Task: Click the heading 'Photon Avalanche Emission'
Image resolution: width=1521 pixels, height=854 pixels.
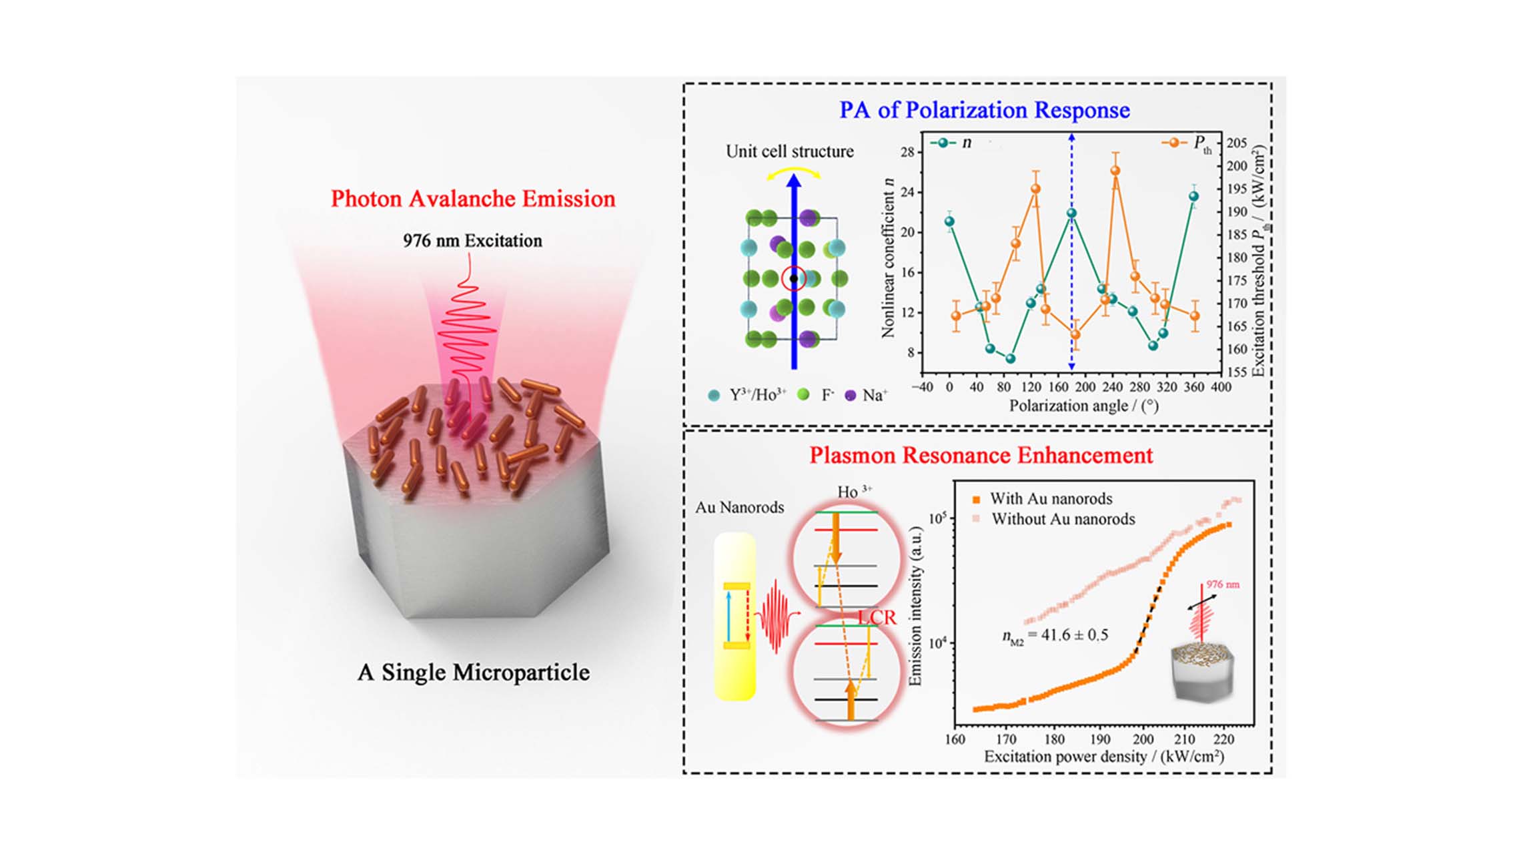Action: (x=473, y=199)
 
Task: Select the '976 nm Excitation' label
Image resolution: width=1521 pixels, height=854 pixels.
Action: (x=472, y=241)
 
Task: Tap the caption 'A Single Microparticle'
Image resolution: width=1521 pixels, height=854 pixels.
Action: (x=474, y=672)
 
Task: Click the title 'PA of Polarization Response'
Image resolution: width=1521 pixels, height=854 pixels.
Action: (x=985, y=110)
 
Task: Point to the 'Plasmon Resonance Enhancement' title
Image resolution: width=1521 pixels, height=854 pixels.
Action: (x=981, y=455)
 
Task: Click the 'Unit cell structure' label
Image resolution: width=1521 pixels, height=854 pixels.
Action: (x=789, y=151)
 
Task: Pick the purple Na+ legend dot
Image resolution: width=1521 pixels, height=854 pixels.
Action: (x=850, y=395)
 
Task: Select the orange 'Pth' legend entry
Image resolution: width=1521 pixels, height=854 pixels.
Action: (x=1187, y=143)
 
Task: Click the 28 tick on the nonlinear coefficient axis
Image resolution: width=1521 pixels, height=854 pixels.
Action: (x=907, y=152)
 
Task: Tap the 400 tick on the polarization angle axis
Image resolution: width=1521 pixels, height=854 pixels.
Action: (x=1221, y=388)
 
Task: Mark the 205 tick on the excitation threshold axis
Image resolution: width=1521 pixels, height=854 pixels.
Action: (x=1237, y=143)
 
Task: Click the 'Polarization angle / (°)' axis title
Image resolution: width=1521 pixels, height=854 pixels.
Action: (x=1083, y=406)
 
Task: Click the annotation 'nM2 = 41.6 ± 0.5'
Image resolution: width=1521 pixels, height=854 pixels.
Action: (x=1055, y=635)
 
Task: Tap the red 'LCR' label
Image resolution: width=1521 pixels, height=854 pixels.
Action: (x=877, y=618)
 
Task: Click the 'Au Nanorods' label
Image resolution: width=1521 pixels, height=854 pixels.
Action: (x=739, y=508)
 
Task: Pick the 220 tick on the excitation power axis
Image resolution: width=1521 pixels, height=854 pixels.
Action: (x=1223, y=739)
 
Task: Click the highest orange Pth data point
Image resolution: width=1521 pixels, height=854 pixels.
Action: (x=1115, y=171)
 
